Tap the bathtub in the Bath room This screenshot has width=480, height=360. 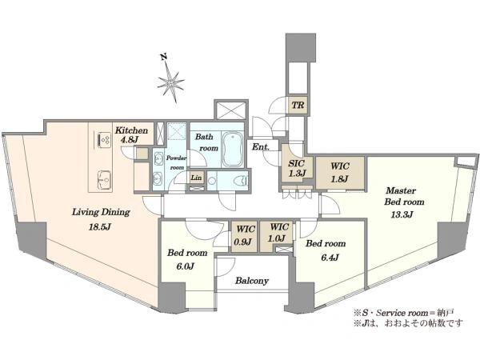(233, 150)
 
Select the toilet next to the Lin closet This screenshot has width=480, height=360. (241, 181)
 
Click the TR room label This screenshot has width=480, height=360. (298, 106)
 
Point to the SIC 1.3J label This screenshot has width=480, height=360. (297, 168)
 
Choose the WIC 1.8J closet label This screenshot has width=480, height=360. (340, 172)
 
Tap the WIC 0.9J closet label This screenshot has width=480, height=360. (243, 235)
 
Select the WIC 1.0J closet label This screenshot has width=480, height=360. (278, 232)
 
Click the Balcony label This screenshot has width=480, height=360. (252, 281)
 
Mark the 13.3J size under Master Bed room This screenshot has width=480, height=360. (402, 214)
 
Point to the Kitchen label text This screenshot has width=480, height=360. (131, 130)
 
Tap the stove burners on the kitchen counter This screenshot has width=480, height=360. (104, 139)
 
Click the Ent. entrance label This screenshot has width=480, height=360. (261, 147)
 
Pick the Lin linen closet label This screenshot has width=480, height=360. (196, 178)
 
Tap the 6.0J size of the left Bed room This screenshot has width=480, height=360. (185, 266)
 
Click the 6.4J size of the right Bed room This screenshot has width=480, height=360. (330, 258)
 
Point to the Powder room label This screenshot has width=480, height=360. (176, 163)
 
